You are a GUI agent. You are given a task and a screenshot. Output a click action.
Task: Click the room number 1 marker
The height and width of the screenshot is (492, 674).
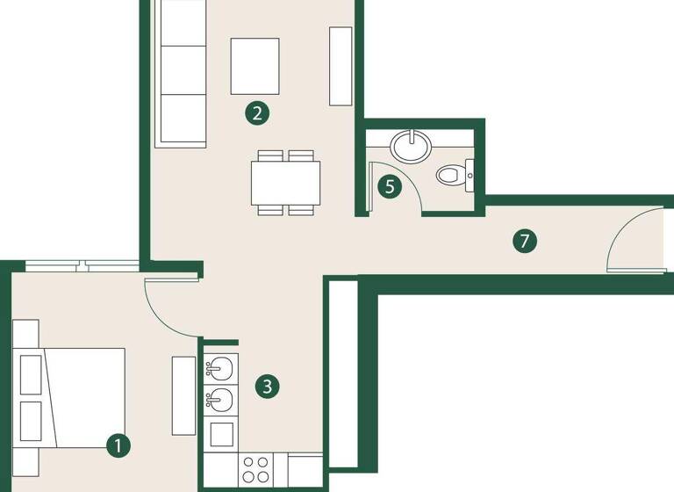pyautogui.click(x=118, y=445)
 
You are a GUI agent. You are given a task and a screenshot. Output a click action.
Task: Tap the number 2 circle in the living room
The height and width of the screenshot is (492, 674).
pyautogui.click(x=255, y=112)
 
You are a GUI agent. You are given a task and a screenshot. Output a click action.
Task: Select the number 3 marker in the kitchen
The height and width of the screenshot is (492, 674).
pyautogui.click(x=269, y=386)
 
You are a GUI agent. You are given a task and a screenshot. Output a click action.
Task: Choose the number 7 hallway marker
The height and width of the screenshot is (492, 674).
pyautogui.click(x=524, y=241)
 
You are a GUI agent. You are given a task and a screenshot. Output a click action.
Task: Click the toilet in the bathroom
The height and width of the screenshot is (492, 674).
pyautogui.click(x=455, y=174)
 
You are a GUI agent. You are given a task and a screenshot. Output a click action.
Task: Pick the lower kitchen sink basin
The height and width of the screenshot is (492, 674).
pyautogui.click(x=220, y=402)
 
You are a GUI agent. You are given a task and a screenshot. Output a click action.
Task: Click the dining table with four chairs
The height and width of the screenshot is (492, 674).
pyautogui.click(x=285, y=182)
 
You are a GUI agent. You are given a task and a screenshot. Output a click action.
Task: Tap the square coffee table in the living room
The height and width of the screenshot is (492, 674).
pyautogui.click(x=255, y=66)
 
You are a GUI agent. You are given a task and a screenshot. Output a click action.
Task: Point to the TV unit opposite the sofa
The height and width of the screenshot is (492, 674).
pyautogui.click(x=341, y=67)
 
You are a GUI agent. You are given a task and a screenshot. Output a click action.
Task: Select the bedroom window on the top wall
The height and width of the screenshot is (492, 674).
pyautogui.click(x=82, y=265)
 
